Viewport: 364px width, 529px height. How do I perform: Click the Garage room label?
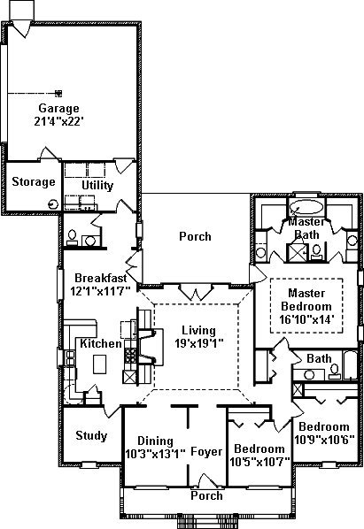59,108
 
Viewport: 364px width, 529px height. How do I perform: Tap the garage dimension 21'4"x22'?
59,121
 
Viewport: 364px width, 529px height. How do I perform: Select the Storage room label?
34,182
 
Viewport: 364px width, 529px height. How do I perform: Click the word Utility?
97,186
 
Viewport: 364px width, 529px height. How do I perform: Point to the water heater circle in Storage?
53,204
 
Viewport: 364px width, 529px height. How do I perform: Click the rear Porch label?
195,236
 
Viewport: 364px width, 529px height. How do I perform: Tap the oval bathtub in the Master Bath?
306,207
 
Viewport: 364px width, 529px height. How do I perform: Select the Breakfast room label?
101,278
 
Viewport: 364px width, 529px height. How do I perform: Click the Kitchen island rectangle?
99,364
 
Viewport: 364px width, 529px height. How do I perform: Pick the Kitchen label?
101,343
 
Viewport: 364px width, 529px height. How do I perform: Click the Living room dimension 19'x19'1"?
199,343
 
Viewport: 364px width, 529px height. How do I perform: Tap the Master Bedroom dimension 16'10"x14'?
306,319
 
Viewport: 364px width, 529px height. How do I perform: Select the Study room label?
91,435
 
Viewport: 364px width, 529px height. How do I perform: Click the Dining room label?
155,441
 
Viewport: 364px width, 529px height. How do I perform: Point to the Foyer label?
206,451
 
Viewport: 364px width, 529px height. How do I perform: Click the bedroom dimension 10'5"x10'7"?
259,462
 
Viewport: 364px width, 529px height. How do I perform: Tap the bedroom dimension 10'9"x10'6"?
324,440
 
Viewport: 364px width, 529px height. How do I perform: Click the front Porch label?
206,495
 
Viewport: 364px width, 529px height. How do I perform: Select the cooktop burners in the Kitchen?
130,356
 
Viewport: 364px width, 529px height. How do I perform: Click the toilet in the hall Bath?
335,372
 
